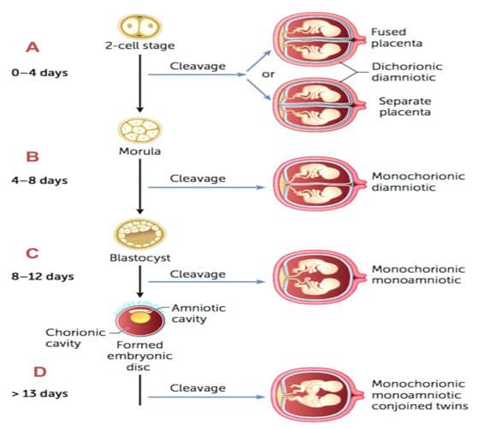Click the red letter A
[32, 48]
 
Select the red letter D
[40, 372]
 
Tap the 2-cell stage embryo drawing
[140, 26]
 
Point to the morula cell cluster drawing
[140, 130]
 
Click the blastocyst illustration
[140, 234]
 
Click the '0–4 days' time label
[40, 73]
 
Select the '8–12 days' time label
[43, 276]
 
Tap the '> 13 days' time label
[40, 393]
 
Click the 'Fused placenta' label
[397, 38]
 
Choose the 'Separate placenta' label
[405, 107]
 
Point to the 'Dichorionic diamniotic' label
[407, 72]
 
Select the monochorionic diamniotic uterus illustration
[320, 184]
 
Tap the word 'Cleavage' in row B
[198, 179]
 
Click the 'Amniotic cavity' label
[198, 314]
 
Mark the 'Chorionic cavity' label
[75, 338]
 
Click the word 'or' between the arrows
[268, 74]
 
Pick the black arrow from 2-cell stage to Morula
[140, 84]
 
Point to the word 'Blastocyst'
[140, 258]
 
